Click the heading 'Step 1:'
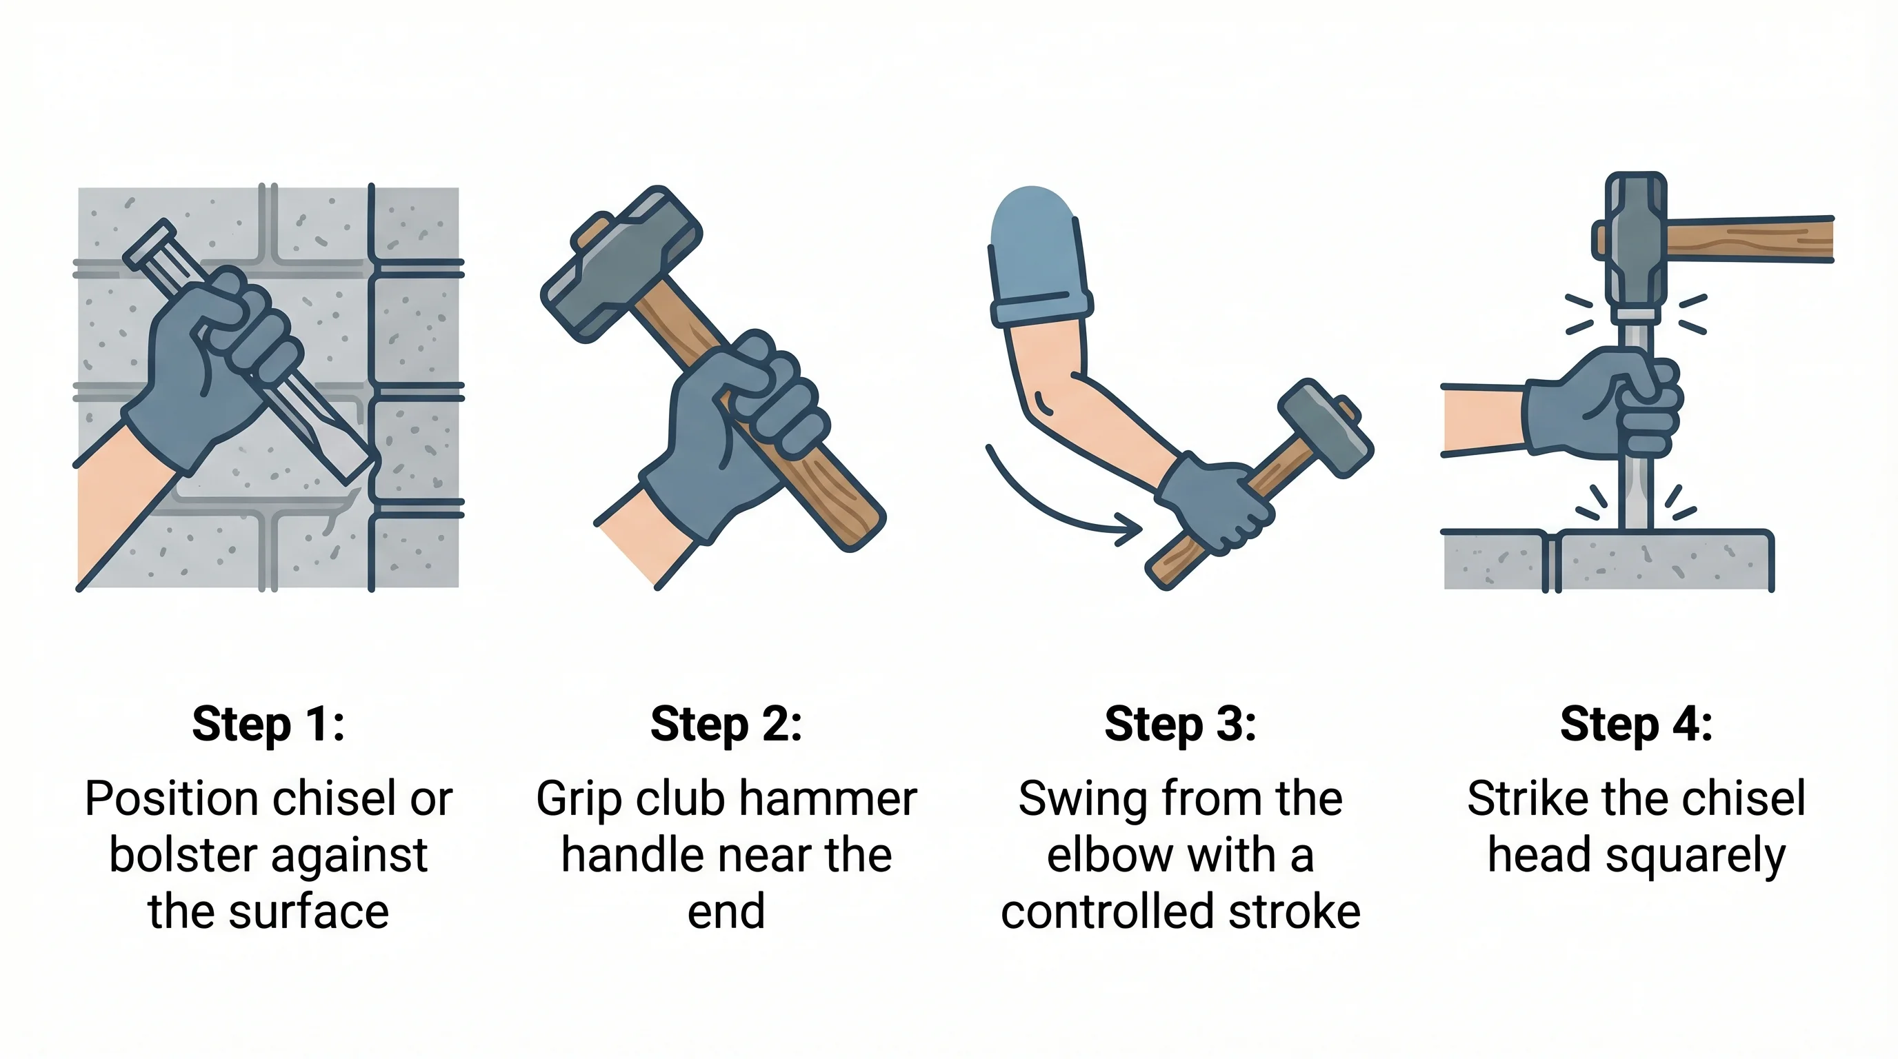268,725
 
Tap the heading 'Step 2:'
726,725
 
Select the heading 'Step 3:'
1180,725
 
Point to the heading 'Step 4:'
1636,725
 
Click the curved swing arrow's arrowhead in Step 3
1131,529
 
